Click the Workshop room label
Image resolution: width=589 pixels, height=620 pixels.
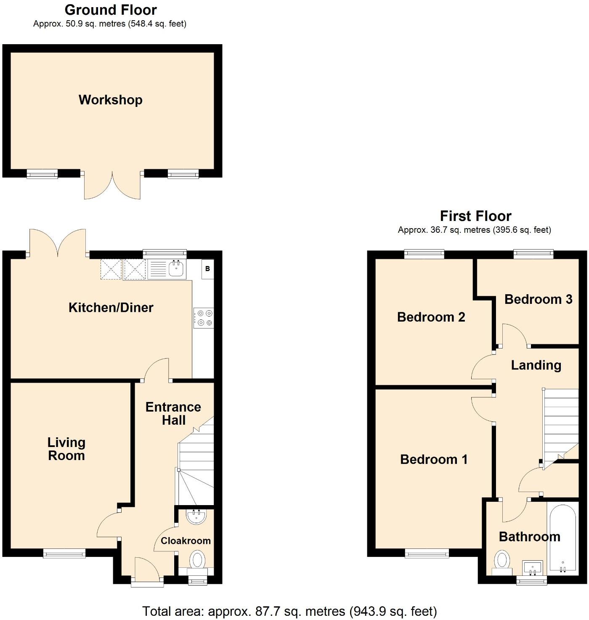111,100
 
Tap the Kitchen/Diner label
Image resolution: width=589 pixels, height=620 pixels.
111,308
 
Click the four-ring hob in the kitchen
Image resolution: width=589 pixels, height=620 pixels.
204,318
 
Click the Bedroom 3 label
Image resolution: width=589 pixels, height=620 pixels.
538,299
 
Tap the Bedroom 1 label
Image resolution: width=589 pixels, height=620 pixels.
434,459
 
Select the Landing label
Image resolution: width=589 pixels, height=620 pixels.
536,365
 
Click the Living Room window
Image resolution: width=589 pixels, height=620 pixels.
64,553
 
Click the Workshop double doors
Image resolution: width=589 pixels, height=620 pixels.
112,185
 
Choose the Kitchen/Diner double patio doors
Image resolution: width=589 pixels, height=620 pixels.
58,243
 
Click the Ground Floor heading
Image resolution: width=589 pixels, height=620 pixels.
111,10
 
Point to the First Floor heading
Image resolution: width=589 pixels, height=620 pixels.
475,216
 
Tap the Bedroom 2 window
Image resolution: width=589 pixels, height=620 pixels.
424,254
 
